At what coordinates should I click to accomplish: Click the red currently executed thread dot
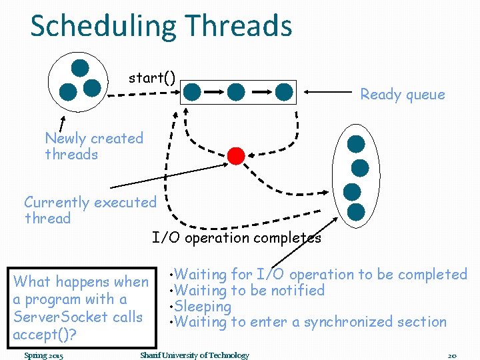(236, 155)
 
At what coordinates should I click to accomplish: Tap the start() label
(152, 78)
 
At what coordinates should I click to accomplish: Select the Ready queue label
(402, 95)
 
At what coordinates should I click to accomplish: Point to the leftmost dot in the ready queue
(192, 91)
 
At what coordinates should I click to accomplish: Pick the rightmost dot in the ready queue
(284, 91)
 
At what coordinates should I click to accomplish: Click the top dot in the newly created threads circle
(80, 67)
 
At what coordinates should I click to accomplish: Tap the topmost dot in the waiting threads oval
(356, 144)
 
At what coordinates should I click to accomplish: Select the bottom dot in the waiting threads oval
(356, 212)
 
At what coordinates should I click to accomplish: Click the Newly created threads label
(94, 147)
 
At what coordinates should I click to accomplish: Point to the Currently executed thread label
(90, 210)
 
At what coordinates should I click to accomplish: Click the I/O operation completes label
(236, 238)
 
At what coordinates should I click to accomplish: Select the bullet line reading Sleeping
(202, 307)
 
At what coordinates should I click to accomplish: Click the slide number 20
(451, 355)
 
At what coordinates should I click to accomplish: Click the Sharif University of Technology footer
(194, 355)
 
